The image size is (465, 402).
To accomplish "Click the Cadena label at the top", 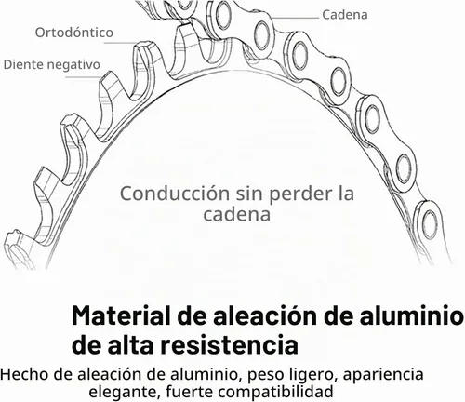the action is point(345,15).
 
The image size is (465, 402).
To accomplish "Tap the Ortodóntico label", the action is point(74,33).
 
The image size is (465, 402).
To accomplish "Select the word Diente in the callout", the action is point(21,64).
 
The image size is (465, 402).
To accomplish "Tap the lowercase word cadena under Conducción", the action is point(237,214).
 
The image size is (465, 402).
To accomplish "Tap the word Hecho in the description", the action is point(25,374).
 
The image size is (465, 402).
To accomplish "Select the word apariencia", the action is point(383,375).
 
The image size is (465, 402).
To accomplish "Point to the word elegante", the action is point(124,393).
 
